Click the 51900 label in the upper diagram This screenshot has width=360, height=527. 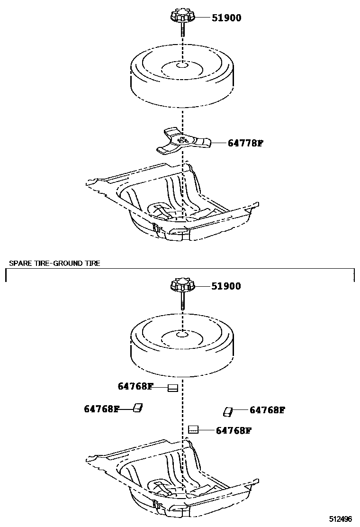point(226,18)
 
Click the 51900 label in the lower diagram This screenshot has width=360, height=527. point(226,286)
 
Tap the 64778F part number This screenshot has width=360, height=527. point(244,143)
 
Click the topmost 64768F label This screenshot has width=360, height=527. point(135,386)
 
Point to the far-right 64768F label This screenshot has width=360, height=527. point(267,410)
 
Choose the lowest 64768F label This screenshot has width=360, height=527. point(233,431)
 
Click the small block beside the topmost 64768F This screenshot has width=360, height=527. point(173,388)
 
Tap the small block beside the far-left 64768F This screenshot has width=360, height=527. point(138,408)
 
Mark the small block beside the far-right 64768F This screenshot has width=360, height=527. point(228,411)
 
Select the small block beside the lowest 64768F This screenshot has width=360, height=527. point(193,430)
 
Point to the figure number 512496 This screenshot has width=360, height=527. point(342,519)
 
